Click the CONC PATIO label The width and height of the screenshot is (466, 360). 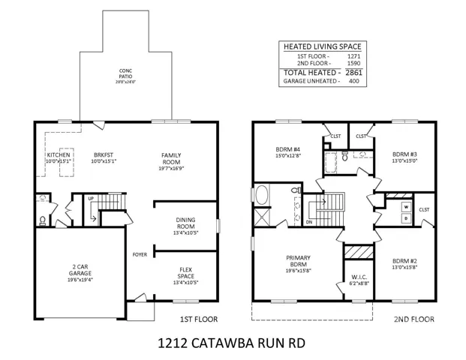(x=126, y=73)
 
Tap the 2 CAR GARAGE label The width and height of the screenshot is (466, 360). (x=80, y=270)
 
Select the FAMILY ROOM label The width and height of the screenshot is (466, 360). (x=171, y=158)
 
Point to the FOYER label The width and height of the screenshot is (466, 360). (x=140, y=254)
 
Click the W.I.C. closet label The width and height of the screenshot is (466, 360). (x=359, y=277)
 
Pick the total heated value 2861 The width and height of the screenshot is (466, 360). (x=353, y=73)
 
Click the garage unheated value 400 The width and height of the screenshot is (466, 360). (x=353, y=81)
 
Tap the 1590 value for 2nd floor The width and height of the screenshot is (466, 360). (x=353, y=63)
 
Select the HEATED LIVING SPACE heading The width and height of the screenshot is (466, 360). (x=323, y=46)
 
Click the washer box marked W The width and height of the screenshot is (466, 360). (x=406, y=207)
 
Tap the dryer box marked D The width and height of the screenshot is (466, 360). (x=406, y=218)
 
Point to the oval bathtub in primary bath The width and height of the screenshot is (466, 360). (x=262, y=195)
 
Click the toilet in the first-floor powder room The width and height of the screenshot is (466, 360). (x=43, y=220)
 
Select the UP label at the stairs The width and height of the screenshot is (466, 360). (x=91, y=199)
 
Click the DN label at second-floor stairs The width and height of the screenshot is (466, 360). (x=309, y=222)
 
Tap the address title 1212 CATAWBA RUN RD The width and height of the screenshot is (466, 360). (x=231, y=343)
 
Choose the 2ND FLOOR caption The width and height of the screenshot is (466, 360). (x=414, y=319)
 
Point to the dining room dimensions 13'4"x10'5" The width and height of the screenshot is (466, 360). (x=186, y=232)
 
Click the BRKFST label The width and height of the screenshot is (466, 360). (x=104, y=155)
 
